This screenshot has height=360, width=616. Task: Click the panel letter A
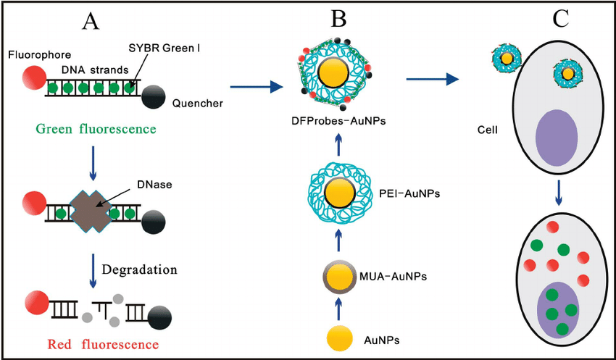click(x=91, y=21)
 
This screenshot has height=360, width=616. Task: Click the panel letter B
click(x=338, y=19)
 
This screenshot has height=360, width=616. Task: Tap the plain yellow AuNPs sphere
click(x=340, y=338)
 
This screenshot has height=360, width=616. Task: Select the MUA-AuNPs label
click(x=392, y=277)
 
